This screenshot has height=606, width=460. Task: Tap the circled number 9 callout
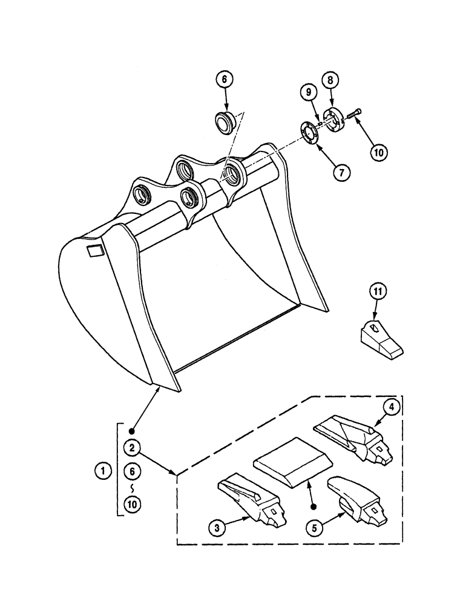309,92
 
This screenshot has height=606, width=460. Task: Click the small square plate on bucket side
95,250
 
